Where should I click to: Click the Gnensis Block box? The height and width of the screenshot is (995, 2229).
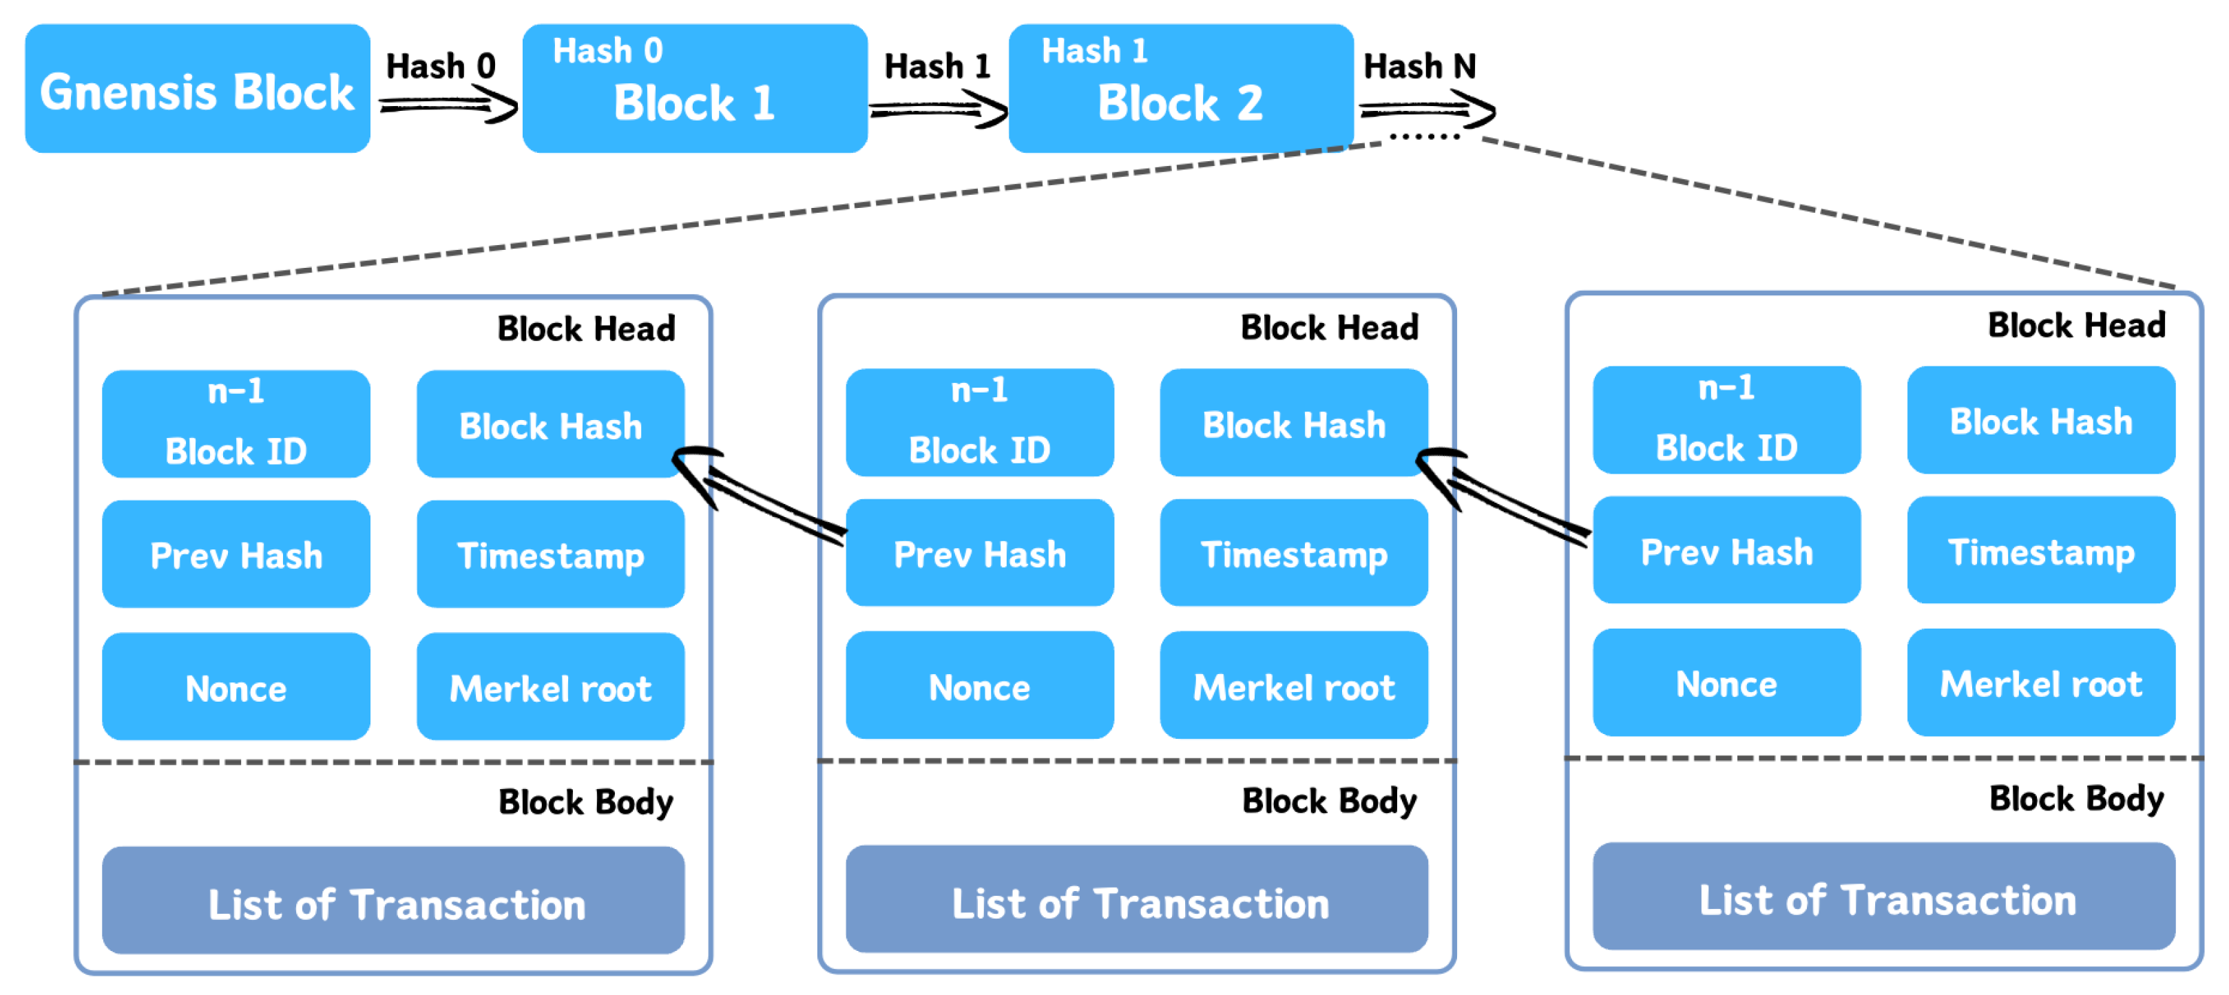198,89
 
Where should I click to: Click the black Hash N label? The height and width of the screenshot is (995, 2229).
1419,67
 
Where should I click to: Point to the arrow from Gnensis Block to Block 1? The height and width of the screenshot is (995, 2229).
448,107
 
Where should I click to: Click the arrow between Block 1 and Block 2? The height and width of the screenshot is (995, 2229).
938,110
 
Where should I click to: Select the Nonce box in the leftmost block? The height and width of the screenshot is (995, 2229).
236,688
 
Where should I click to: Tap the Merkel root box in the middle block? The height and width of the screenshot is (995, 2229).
1294,686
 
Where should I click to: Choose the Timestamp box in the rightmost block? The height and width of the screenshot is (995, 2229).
2040,551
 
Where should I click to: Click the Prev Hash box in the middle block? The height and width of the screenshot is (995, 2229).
979,554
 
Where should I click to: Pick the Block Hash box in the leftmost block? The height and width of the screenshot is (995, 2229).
550,425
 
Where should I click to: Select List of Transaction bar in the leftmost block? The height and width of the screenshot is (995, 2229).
394,903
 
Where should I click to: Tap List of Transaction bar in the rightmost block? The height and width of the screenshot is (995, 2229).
1885,898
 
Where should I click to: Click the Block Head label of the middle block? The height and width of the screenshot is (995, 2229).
1329,328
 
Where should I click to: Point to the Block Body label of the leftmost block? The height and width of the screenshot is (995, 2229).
586,802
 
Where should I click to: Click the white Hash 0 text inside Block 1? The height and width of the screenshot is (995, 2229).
607,50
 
